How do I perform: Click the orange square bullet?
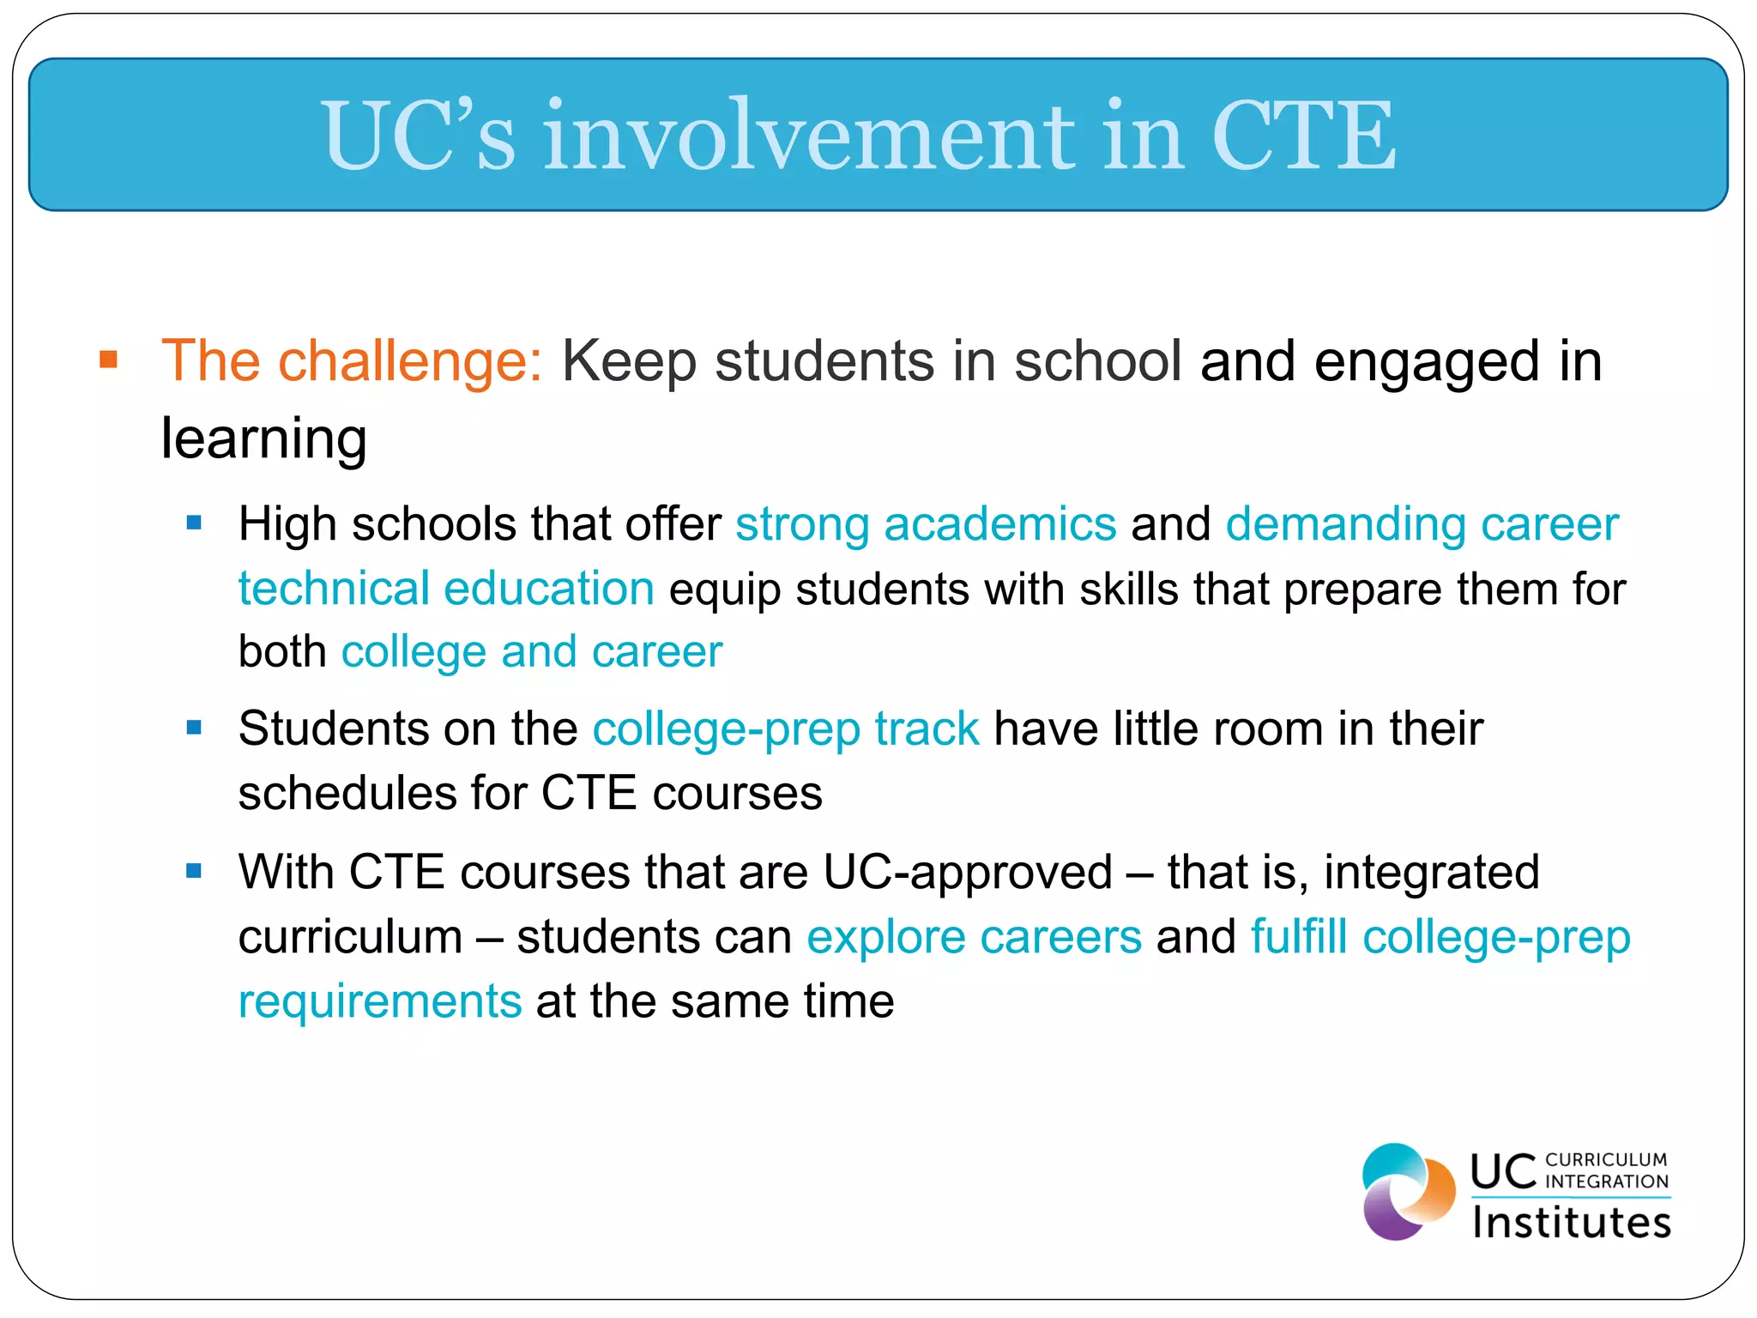pos(108,359)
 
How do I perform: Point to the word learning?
pos(264,439)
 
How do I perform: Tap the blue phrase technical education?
pos(446,589)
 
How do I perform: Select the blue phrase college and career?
pos(532,652)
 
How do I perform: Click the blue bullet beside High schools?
pos(194,522)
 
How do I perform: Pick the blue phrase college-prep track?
pos(786,729)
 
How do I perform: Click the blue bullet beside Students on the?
pos(194,729)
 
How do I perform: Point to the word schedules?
pos(347,793)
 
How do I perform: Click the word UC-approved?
pos(968,873)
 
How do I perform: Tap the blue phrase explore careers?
pos(974,937)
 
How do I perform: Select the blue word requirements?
pos(380,1001)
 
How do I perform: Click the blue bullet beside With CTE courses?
pos(194,872)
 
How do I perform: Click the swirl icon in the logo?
pos(1408,1191)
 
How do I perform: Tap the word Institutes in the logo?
pos(1572,1222)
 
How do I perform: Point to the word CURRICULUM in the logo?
pos(1606,1160)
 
